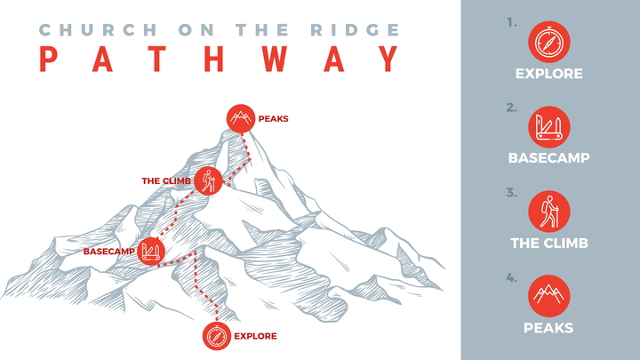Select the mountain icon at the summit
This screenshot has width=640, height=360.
point(239,117)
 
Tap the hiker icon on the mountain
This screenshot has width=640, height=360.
point(208,180)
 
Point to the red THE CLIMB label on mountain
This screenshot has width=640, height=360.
point(166,181)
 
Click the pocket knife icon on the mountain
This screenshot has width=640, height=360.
point(150,251)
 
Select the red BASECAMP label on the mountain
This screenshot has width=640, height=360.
point(108,252)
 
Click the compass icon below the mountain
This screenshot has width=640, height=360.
point(216,336)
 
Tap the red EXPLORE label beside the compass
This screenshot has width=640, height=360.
point(255,336)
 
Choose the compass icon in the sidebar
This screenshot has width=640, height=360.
point(549,42)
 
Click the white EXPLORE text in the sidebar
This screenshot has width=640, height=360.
point(549,74)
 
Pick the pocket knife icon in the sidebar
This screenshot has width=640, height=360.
point(549,127)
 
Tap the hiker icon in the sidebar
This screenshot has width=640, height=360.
point(549,212)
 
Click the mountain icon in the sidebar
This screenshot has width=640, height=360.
point(549,296)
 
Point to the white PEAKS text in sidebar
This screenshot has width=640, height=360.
point(549,328)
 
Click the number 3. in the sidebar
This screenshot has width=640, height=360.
point(511,192)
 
